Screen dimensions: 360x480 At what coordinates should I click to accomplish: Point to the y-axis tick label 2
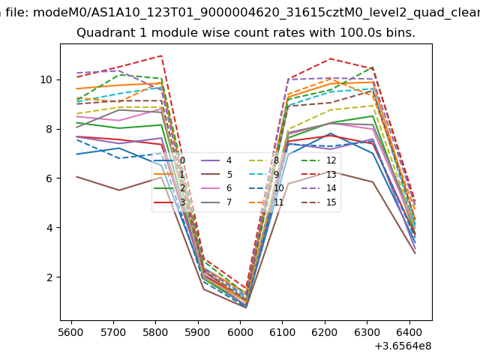49,277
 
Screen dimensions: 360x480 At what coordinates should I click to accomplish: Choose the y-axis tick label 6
49,178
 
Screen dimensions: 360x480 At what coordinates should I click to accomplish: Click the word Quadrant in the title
103,33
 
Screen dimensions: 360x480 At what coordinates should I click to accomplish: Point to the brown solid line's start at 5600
76,176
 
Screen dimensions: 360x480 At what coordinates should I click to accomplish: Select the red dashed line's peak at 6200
329,58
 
